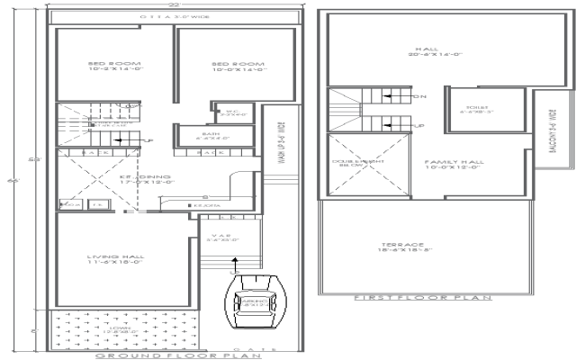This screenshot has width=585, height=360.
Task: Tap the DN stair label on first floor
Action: click(x=418, y=95)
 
